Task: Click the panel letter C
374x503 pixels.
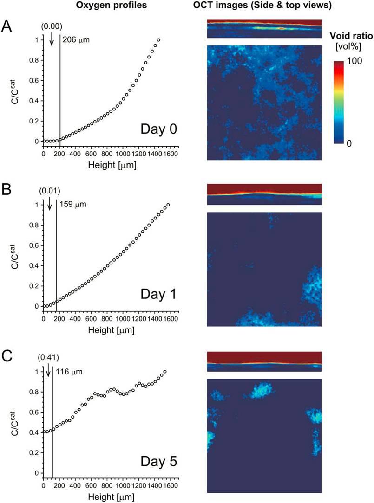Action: coord(7,357)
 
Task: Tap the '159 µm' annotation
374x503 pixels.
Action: coord(72,204)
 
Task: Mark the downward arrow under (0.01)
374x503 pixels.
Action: coord(49,205)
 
